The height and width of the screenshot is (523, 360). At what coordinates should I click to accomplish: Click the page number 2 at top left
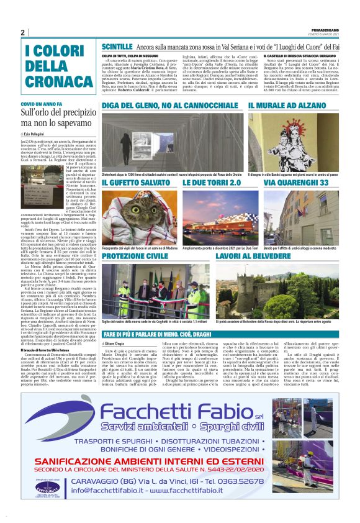click(x=23, y=32)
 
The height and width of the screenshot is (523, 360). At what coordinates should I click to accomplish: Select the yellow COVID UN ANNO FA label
click(x=42, y=104)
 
